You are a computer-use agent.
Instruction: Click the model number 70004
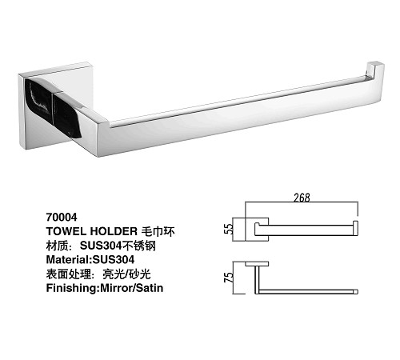62,217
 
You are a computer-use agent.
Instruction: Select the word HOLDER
114,231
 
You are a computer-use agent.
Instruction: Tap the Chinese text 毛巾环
158,231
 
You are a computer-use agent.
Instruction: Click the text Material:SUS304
90,259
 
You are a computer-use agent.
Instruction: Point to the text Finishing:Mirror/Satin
105,288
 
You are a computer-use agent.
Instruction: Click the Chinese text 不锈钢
138,246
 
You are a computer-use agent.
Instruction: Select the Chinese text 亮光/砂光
126,274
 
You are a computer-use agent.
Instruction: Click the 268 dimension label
302,198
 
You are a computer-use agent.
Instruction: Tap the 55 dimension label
229,229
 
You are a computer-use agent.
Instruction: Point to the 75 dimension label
229,277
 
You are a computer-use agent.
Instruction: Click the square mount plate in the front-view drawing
257,230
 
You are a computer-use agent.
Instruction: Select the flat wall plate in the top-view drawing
257,264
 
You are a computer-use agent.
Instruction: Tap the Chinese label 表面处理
69,274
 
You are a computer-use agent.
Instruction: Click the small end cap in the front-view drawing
356,228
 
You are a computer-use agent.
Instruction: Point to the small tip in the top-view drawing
356,292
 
